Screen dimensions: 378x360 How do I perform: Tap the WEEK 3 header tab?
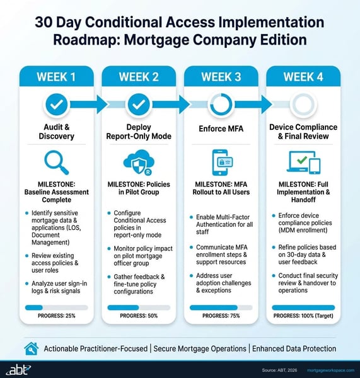[x=221, y=77]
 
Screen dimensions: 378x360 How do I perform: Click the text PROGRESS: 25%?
[x=57, y=315]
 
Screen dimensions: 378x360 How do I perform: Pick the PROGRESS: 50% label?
[x=139, y=315]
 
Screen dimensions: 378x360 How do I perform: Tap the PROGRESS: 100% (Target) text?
[x=303, y=315]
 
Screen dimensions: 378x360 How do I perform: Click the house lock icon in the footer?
[x=31, y=348]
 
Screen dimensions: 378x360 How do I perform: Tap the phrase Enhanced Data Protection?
[x=294, y=348]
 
